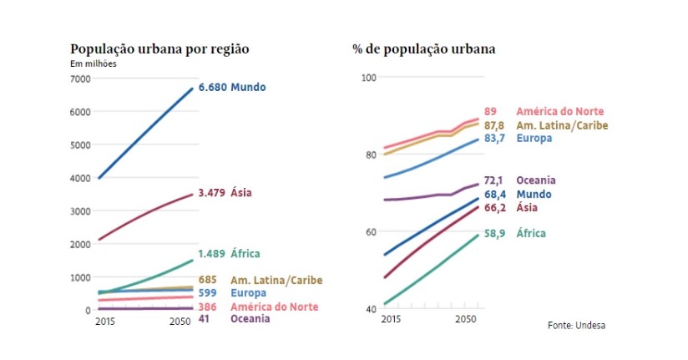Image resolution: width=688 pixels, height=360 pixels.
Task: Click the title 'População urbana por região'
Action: pos(159,49)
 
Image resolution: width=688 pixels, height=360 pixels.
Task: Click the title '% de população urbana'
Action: pos(423,49)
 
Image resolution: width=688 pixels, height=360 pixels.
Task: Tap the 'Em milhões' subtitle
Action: pos(94,64)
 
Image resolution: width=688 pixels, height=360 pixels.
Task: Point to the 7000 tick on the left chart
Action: pos(80,79)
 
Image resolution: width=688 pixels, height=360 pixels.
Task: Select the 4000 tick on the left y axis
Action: pos(80,178)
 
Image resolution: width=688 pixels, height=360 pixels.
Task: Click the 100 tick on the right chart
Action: pos(368,78)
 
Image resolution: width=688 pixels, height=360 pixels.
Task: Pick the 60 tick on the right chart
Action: pos(371,232)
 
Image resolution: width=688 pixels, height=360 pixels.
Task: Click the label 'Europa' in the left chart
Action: pos(248,293)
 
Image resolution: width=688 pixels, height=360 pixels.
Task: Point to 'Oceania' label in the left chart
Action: pos(250,318)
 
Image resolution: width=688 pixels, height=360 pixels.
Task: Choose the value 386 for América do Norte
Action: pos(208,307)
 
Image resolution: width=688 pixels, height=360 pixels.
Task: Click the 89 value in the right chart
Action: pos(490,111)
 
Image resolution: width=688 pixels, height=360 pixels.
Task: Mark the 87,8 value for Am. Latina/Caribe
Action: pos(495,125)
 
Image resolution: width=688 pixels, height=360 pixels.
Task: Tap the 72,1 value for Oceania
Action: pos(495,180)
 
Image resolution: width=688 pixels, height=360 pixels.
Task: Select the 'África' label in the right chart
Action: pos(533,234)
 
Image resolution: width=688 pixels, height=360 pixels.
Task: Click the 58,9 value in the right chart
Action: pos(495,234)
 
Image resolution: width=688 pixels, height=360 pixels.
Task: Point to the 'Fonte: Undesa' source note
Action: pos(576,325)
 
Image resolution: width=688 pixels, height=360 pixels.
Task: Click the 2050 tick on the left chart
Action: pos(180,322)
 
